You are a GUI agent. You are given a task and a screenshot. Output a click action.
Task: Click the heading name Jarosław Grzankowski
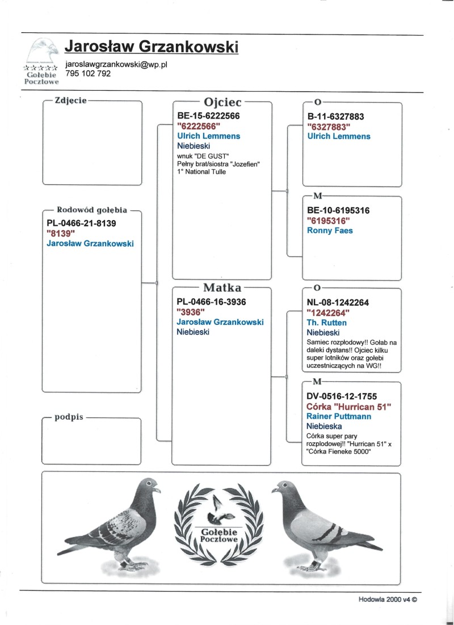[x=152, y=47]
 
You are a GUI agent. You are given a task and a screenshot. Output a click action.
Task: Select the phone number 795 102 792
[x=88, y=74]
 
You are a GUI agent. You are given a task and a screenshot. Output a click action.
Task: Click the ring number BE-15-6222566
[x=208, y=116]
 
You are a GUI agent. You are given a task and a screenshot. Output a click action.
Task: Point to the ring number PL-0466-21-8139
[x=81, y=223]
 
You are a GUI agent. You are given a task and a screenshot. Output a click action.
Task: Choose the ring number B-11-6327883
[x=335, y=117]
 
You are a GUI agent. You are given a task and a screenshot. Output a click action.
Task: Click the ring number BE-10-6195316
[x=338, y=210]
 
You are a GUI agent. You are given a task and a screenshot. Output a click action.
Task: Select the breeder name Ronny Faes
[x=330, y=230]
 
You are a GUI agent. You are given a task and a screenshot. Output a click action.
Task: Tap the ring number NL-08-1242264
[x=338, y=303]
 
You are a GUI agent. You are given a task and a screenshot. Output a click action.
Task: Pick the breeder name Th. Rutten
[x=326, y=323]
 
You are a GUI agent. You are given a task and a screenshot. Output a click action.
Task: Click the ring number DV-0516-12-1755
[x=341, y=396]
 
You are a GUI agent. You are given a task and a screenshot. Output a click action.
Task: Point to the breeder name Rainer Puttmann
[x=339, y=416]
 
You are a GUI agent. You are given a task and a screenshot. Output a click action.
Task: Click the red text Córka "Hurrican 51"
[x=349, y=407]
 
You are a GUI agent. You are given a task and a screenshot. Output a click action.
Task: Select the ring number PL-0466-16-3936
[x=212, y=302]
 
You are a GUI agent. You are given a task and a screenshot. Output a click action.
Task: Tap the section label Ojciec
[x=222, y=102]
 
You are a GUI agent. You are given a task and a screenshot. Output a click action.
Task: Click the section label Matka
[x=222, y=288]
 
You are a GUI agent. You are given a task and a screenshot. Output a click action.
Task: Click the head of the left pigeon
[x=150, y=485]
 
